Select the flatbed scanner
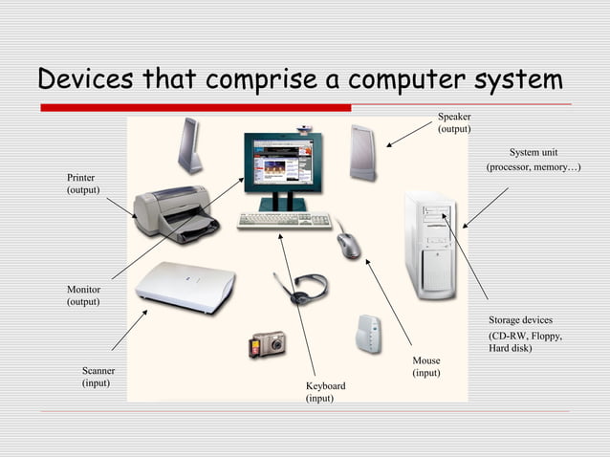[185, 286]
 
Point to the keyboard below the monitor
[284, 221]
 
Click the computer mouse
[349, 246]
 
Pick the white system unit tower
[429, 245]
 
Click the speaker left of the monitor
[189, 145]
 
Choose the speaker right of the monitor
[363, 152]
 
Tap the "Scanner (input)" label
[97, 376]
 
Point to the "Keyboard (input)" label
[325, 391]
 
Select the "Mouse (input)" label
[426, 366]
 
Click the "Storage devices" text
[520, 319]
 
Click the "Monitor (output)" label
[83, 295]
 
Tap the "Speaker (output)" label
[454, 122]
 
